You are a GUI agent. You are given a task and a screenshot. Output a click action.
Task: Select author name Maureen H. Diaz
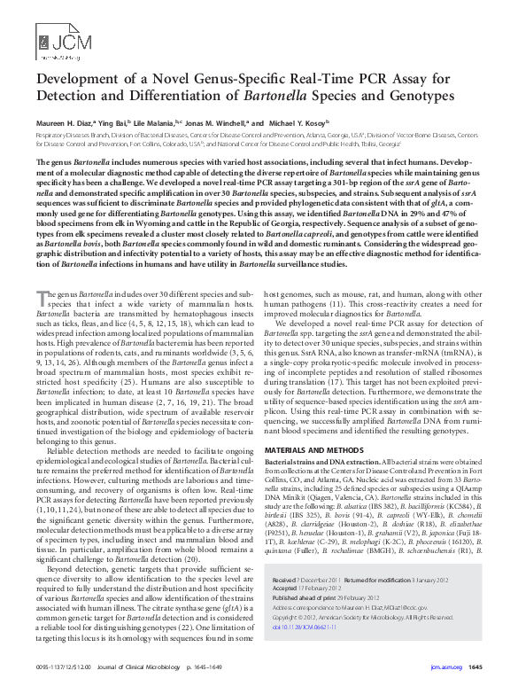69,122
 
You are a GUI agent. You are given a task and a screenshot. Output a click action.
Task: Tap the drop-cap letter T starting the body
42,271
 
